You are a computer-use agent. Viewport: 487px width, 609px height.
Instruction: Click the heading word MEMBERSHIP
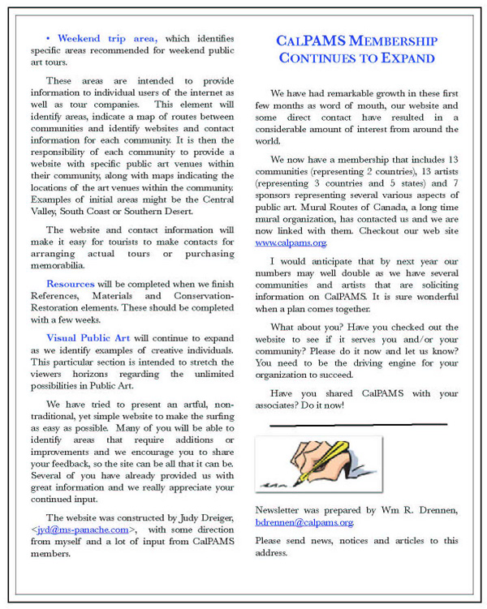(x=389, y=41)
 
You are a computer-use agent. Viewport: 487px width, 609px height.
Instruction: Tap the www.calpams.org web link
(x=291, y=242)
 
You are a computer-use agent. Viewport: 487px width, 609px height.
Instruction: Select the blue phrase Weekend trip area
(x=107, y=38)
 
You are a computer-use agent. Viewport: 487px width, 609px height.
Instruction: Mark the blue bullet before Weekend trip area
(x=49, y=39)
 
